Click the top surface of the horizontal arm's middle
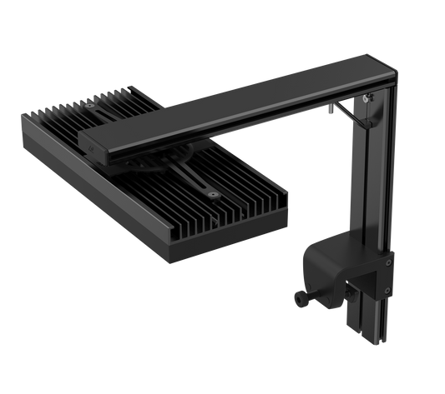[x=234, y=104]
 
